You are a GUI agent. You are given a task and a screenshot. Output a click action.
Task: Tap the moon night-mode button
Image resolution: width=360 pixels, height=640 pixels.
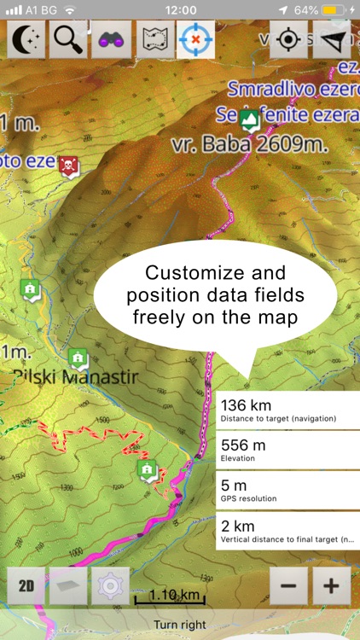(26, 39)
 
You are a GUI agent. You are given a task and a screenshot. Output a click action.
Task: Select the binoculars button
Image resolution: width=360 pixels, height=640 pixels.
(112, 39)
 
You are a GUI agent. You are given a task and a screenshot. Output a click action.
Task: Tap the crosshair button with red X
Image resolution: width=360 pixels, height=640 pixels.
(195, 39)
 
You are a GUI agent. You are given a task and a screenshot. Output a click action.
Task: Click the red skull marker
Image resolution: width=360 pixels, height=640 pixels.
(69, 164)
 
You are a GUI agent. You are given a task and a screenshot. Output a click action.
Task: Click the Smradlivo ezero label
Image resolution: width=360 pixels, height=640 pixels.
(290, 87)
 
